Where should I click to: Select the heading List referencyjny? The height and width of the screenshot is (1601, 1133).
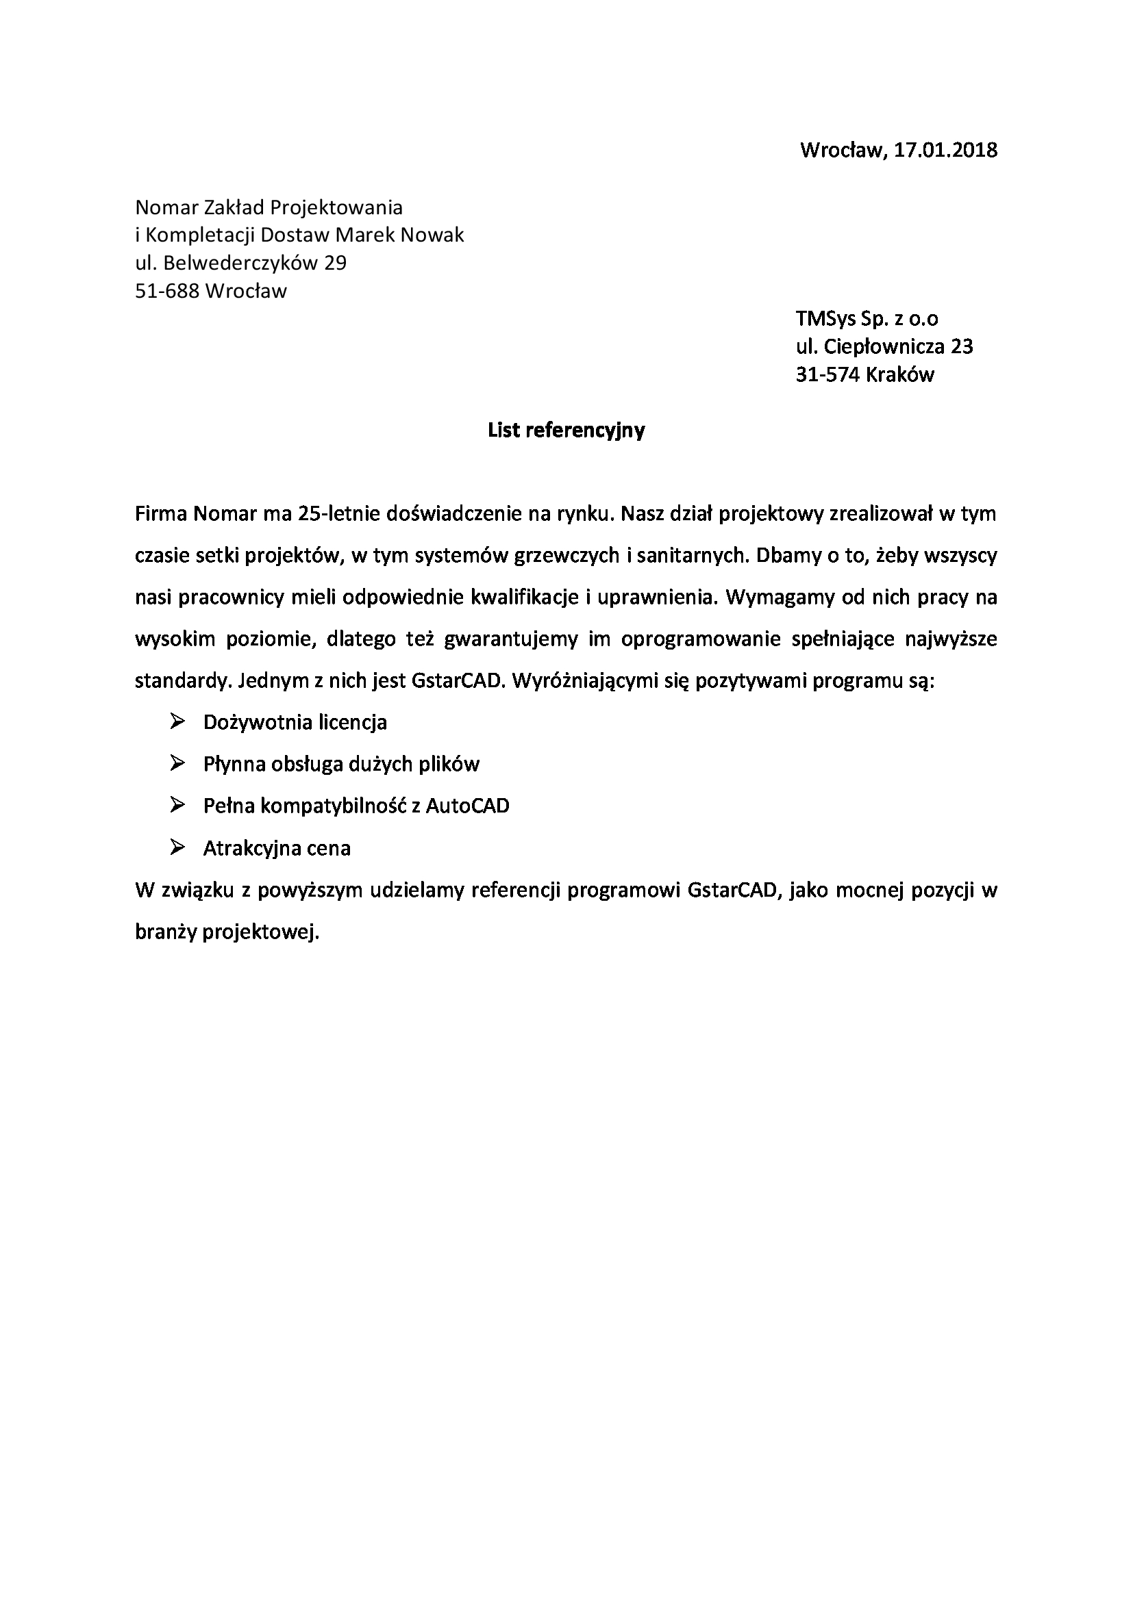[x=566, y=431]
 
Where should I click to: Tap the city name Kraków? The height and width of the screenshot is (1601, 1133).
[x=899, y=375]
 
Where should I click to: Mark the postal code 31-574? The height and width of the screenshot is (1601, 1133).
[x=827, y=375]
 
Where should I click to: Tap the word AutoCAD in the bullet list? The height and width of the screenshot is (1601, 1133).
[x=467, y=806]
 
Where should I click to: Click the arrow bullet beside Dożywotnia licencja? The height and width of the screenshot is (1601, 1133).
[x=177, y=721]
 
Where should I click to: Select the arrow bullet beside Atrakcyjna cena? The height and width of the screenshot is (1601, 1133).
[x=177, y=847]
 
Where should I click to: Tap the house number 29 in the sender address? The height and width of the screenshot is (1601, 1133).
[x=335, y=263]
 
